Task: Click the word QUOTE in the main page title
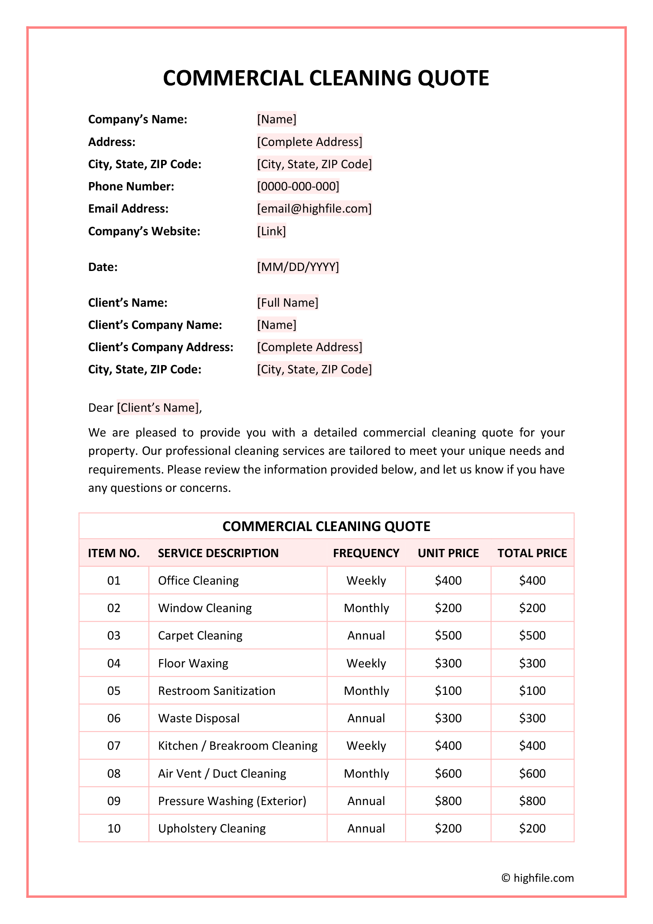click(453, 78)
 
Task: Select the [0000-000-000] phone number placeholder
click(298, 186)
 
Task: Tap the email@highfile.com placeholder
click(314, 209)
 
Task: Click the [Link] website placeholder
click(272, 231)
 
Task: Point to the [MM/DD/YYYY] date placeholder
click(298, 267)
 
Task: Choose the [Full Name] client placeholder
click(288, 303)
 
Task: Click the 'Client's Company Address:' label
click(161, 347)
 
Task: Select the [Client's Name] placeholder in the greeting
click(158, 408)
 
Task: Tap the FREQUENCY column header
click(366, 553)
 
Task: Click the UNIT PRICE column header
click(448, 553)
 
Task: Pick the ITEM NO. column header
click(114, 553)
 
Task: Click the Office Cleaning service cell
click(199, 581)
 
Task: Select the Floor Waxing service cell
click(193, 663)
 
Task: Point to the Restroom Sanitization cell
click(217, 691)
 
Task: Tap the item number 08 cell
click(114, 774)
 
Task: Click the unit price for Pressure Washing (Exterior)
click(448, 801)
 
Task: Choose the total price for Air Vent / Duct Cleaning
click(532, 774)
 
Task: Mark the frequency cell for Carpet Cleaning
click(366, 636)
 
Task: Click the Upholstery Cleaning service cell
click(212, 829)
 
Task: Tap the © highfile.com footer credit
click(538, 878)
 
